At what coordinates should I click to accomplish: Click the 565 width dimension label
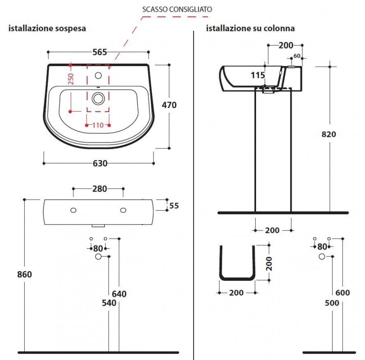click(99, 52)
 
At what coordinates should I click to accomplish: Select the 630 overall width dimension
click(100, 163)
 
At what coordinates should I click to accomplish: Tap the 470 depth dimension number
click(169, 105)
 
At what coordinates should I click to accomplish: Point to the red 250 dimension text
click(71, 79)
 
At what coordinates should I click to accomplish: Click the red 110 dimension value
click(98, 125)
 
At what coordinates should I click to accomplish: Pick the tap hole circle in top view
click(98, 76)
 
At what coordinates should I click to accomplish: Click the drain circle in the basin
click(98, 99)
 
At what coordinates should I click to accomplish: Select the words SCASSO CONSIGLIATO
click(177, 9)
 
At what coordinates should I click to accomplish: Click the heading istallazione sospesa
click(47, 28)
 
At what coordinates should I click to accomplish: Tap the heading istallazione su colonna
click(250, 28)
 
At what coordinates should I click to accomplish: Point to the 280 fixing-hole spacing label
click(99, 189)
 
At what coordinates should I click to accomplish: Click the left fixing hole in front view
click(73, 210)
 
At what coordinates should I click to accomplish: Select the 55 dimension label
click(174, 206)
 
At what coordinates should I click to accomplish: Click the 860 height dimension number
click(24, 274)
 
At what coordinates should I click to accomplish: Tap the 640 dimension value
click(119, 294)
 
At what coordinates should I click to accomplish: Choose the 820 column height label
click(329, 134)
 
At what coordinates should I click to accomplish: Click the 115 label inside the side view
click(258, 75)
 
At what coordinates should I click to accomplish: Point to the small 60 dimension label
click(297, 56)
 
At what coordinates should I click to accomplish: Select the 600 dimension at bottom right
click(342, 292)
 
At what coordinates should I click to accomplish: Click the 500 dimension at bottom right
click(332, 303)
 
